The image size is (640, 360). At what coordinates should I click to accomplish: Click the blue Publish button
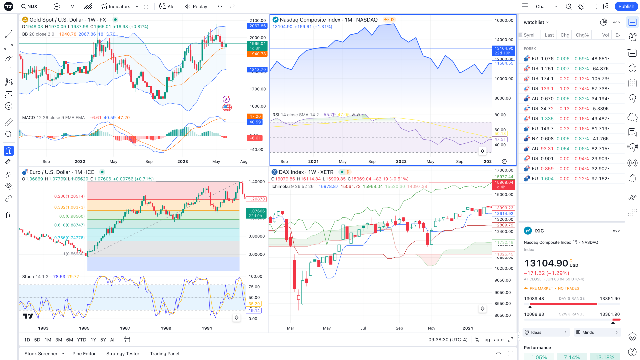point(626,6)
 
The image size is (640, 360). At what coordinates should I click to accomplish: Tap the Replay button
point(196,6)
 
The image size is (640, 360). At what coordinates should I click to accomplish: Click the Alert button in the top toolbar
point(169,6)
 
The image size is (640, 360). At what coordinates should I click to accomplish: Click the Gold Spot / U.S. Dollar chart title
point(68,20)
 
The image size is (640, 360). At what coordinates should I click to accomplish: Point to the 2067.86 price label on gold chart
point(258,26)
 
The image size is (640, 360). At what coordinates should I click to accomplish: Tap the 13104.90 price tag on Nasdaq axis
point(504,49)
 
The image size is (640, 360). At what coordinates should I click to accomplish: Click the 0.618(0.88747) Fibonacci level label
point(69,225)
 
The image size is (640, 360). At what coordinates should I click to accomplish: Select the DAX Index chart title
point(306,172)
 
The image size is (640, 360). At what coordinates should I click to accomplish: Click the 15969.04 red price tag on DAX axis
point(504,183)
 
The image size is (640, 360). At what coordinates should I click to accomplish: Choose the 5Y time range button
point(103,340)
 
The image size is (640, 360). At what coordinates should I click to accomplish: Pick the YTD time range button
point(82,340)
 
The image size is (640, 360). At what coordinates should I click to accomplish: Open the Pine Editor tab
point(84,354)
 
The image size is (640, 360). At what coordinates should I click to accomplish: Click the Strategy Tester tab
point(123,354)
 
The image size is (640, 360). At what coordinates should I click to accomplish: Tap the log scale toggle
point(486,340)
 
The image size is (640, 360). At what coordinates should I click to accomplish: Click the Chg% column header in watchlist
point(582,35)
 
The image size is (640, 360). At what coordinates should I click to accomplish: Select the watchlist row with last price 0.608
point(567,139)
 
